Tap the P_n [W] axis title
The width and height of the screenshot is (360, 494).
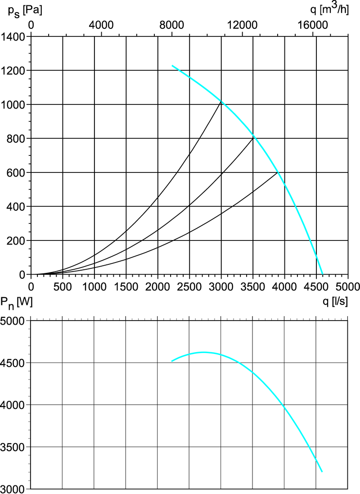pyautogui.click(x=16, y=304)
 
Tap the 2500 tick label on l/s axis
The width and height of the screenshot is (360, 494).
pyautogui.click(x=189, y=286)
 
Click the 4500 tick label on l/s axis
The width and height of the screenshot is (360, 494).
pyautogui.click(x=316, y=286)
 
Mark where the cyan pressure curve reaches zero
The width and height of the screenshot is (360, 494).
pyautogui.click(x=323, y=274)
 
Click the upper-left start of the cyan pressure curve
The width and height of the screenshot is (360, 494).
pyautogui.click(x=172, y=66)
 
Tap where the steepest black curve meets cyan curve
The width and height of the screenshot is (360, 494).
pyautogui.click(x=221, y=101)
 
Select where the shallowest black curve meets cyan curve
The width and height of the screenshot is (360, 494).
pyautogui.click(x=278, y=172)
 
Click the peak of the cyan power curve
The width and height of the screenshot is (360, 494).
pyautogui.click(x=203, y=352)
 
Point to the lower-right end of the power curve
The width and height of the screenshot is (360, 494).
pyautogui.click(x=322, y=471)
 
